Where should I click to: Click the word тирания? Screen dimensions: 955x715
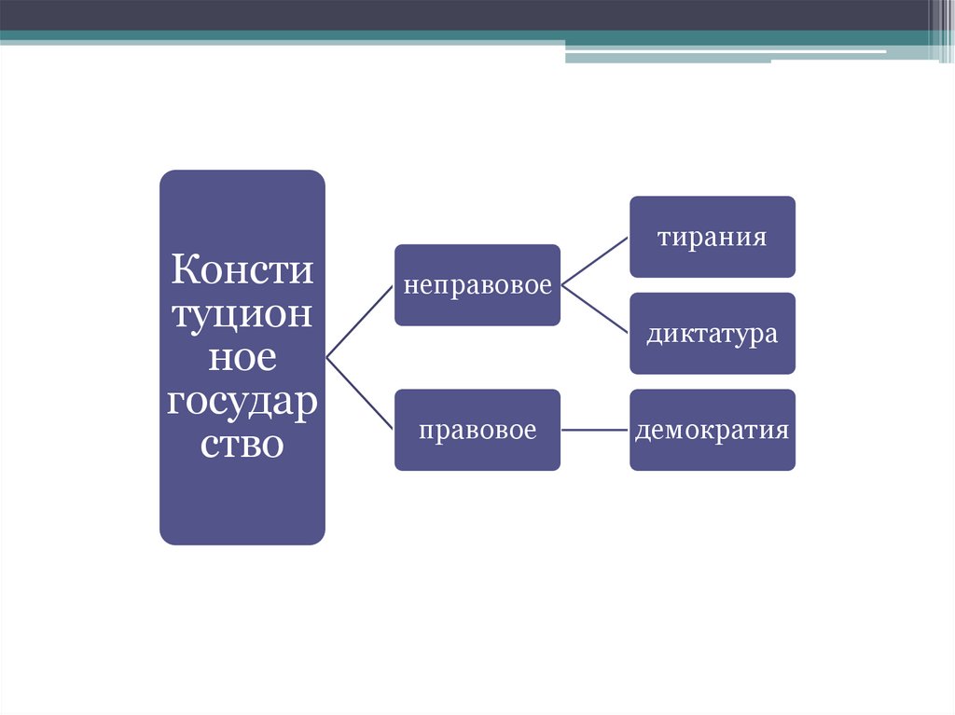[712, 237]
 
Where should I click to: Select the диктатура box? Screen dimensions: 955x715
[712, 334]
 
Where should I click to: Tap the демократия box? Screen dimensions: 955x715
[712, 431]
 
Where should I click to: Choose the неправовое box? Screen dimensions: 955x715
[477, 285]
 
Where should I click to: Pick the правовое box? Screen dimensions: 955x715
[477, 431]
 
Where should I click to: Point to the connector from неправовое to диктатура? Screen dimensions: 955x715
[595, 309]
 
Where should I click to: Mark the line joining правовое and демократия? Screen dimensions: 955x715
[595, 430]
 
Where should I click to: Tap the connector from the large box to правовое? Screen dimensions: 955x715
[360, 393]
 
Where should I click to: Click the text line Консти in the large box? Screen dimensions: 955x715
[242, 273]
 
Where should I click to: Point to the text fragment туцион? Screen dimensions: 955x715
[242, 315]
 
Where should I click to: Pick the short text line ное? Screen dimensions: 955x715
[242, 358]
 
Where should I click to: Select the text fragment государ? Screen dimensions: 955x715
[242, 401]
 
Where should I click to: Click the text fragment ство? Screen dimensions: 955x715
[242, 443]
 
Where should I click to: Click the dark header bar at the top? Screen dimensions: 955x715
[466, 14]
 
